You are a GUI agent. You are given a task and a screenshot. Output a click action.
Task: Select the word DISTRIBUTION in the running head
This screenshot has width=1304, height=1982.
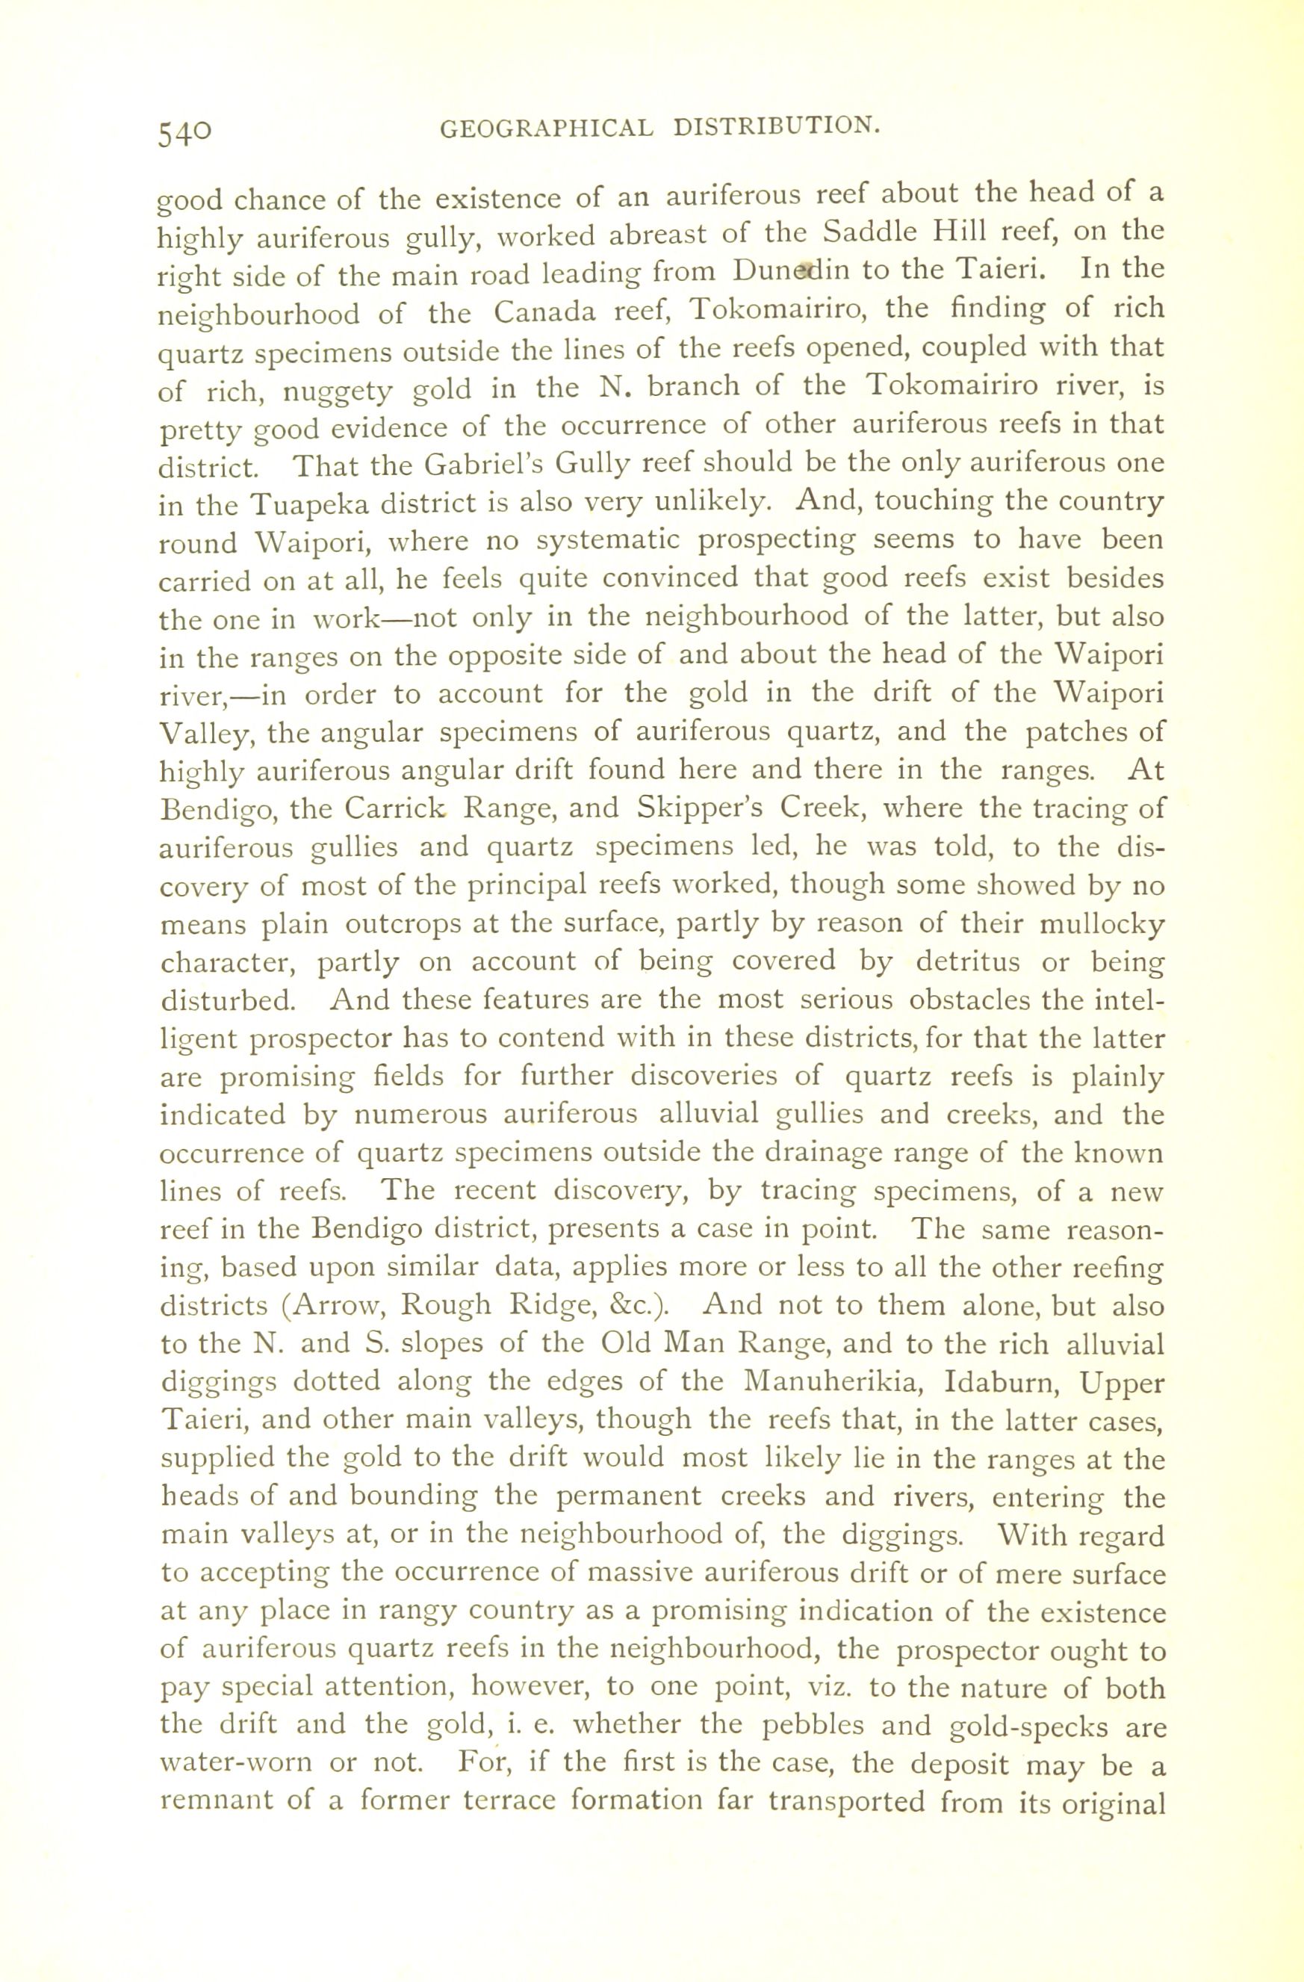(776, 126)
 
